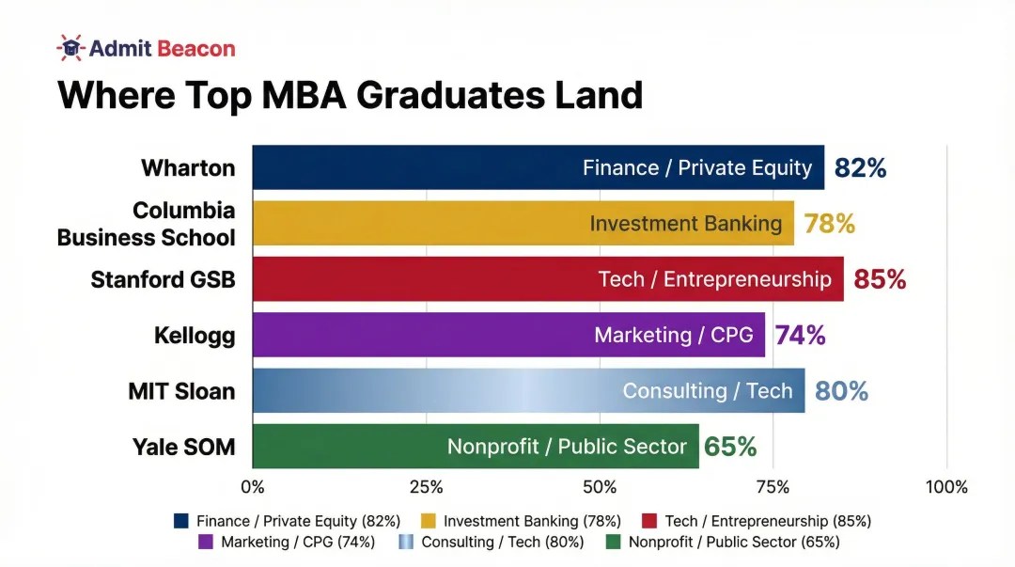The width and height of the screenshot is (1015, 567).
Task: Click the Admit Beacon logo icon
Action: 70,47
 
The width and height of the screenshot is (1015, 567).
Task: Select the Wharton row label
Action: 188,168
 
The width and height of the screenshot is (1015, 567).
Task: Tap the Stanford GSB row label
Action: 163,280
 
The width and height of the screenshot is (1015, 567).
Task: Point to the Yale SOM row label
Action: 184,447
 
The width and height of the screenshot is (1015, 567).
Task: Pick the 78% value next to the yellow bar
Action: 829,224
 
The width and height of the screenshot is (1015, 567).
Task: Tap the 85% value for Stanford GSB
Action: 880,279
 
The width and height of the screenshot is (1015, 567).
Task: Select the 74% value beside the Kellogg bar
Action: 800,335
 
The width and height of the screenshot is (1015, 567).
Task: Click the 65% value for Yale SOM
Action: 730,447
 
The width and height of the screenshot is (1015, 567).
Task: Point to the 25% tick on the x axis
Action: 427,487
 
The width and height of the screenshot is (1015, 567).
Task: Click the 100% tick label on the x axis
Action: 946,487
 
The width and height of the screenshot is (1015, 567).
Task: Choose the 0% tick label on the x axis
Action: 253,487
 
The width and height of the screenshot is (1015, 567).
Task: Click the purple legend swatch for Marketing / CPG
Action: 207,542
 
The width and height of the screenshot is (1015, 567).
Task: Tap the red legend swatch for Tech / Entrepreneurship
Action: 648,521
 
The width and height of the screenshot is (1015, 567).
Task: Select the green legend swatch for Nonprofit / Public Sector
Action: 614,542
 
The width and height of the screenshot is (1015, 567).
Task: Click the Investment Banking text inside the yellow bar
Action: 686,224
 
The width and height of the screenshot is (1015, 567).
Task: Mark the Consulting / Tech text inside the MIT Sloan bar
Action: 708,391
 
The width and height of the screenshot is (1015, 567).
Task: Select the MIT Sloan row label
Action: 181,391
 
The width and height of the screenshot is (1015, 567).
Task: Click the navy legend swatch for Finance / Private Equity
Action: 181,521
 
